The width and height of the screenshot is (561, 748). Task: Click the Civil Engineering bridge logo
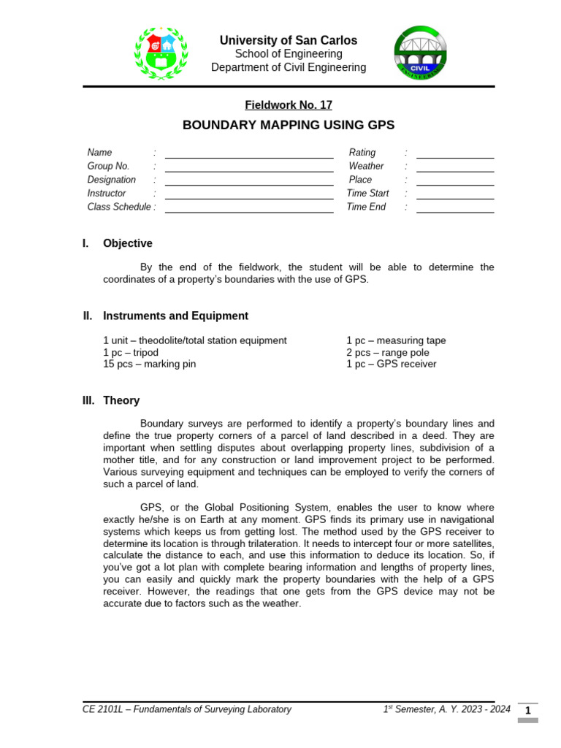(421, 53)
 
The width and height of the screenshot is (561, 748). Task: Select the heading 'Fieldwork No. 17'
(289, 105)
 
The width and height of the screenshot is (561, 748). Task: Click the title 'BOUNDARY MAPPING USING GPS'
(288, 125)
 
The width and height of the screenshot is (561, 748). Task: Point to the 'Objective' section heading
(128, 243)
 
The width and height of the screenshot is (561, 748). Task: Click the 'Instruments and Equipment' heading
(175, 316)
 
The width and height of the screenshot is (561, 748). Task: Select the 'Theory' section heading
(121, 400)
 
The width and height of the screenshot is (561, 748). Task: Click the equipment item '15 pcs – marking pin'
(150, 364)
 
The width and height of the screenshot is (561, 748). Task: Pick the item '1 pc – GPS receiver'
(391, 364)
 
